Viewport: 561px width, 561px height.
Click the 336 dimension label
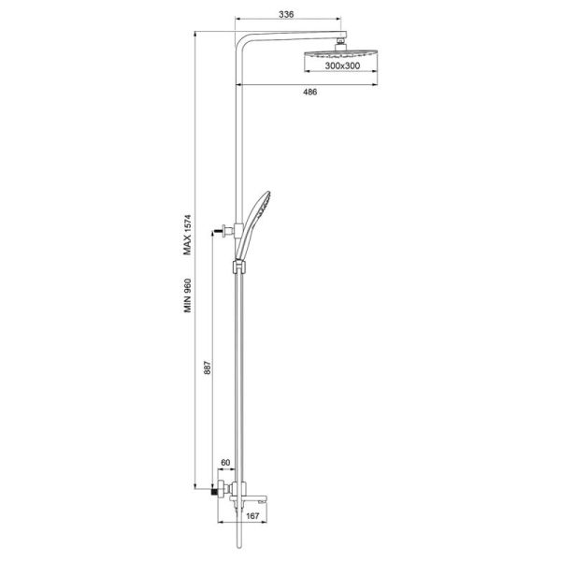point(286,14)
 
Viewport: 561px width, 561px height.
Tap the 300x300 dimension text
point(342,65)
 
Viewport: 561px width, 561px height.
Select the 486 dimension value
point(309,92)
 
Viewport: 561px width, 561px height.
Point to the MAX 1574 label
point(188,235)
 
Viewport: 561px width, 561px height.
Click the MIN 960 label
point(188,295)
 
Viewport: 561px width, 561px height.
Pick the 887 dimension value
point(208,367)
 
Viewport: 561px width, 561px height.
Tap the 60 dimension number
point(225,463)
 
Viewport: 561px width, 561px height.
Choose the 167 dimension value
point(252,516)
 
